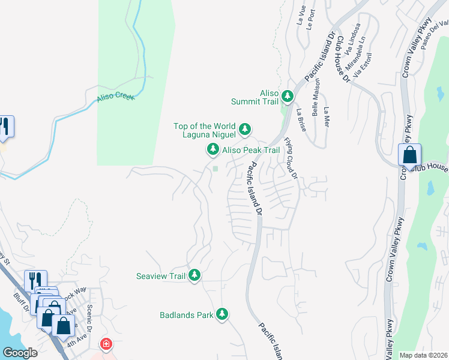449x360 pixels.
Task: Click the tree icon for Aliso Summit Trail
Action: click(x=288, y=95)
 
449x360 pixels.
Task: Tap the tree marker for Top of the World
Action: click(x=245, y=128)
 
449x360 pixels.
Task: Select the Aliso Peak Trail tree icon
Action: click(x=212, y=149)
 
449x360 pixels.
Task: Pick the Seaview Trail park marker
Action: click(x=194, y=275)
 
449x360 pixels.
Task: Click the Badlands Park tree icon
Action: click(x=222, y=314)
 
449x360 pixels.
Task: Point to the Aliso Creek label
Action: click(x=116, y=97)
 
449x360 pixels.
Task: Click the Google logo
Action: click(x=20, y=353)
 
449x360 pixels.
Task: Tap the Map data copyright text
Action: click(x=423, y=355)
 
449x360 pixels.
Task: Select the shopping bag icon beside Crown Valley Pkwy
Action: click(x=409, y=155)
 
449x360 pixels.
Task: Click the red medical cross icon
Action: click(x=106, y=344)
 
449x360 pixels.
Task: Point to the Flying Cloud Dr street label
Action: click(x=291, y=158)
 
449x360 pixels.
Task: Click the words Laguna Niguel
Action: click(x=209, y=135)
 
